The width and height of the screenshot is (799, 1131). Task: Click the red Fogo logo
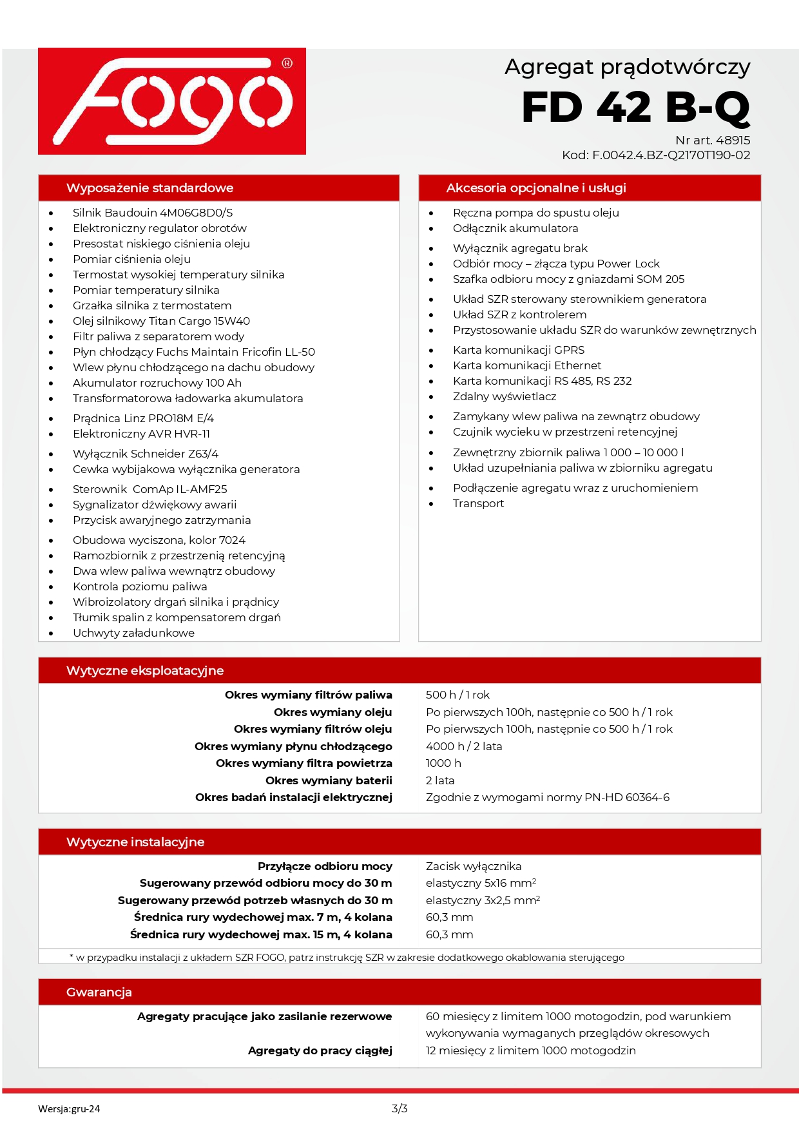click(x=171, y=101)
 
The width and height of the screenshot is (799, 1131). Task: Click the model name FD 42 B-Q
click(x=635, y=107)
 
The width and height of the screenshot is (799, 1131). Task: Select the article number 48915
click(x=733, y=140)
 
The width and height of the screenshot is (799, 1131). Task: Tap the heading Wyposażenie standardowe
click(x=149, y=188)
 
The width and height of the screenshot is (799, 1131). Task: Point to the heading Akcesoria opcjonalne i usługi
click(x=535, y=188)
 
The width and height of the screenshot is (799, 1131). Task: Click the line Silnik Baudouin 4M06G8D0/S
click(x=153, y=213)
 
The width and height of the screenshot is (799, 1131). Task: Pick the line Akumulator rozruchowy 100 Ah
click(x=157, y=383)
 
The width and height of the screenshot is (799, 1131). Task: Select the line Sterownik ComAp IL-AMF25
click(x=149, y=489)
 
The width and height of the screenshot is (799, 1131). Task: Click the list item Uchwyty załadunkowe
click(x=133, y=633)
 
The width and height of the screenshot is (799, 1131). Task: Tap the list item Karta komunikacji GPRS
click(x=519, y=350)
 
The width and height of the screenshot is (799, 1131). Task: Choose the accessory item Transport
click(x=478, y=503)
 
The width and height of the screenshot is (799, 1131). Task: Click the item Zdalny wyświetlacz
click(x=504, y=396)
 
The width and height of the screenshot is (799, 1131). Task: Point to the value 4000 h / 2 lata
click(x=463, y=746)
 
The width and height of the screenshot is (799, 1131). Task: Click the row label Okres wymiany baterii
click(x=329, y=780)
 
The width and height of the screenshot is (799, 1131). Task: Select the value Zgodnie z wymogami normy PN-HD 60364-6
click(x=547, y=797)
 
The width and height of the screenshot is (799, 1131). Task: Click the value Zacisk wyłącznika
click(x=474, y=866)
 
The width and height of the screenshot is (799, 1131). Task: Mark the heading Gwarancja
click(x=99, y=992)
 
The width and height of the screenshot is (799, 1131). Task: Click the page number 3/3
click(x=400, y=1108)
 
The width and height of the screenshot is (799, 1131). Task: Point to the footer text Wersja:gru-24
click(x=69, y=1109)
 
